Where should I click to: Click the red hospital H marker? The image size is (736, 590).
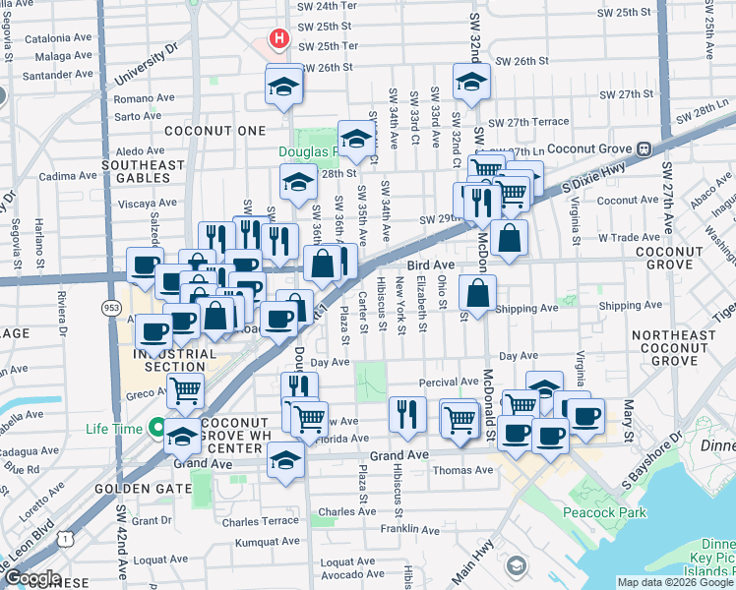point(279,40)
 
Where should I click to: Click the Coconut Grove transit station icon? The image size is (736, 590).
point(644,148)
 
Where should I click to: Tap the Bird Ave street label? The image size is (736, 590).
point(431,265)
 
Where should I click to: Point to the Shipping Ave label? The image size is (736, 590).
point(526,308)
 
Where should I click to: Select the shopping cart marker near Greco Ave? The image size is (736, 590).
point(185,390)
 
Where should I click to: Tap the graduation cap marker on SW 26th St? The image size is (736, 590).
point(283,86)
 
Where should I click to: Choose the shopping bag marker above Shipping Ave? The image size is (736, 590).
point(477,293)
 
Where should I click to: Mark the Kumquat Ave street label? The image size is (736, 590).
point(260,541)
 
